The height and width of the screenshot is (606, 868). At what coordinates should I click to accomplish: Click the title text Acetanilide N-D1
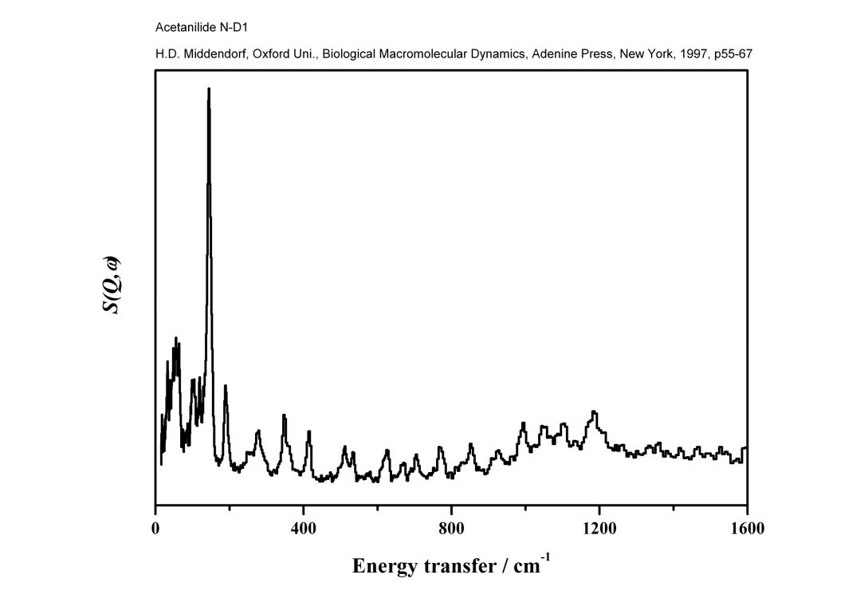(x=202, y=27)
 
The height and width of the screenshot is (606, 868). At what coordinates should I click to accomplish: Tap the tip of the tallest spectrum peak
(x=209, y=89)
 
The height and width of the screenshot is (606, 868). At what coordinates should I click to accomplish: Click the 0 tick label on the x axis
(x=155, y=528)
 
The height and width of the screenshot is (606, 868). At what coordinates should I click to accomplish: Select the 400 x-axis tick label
(x=304, y=528)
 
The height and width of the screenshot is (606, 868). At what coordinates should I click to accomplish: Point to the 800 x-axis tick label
(x=451, y=528)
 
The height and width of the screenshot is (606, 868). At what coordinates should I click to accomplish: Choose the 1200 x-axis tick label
(x=599, y=528)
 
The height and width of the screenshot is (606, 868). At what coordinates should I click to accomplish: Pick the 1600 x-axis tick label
(x=747, y=528)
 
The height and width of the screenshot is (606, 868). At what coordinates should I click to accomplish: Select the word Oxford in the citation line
(x=272, y=54)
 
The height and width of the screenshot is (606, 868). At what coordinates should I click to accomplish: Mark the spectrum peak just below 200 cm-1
(x=226, y=387)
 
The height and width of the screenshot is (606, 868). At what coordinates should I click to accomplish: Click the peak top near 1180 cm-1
(x=594, y=412)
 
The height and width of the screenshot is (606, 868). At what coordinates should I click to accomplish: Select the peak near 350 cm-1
(x=284, y=415)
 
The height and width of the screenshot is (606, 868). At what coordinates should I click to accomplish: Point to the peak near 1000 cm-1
(x=524, y=423)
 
